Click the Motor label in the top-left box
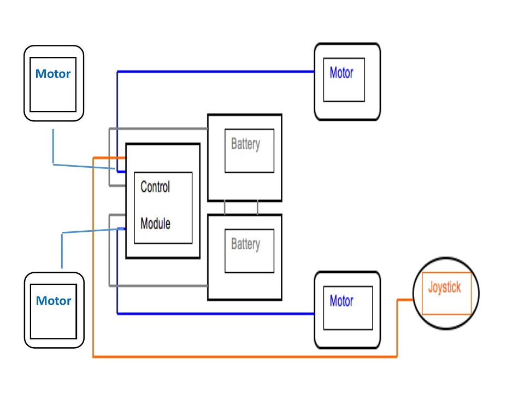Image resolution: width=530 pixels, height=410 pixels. point(53,74)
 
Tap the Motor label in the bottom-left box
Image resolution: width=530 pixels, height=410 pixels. point(53,301)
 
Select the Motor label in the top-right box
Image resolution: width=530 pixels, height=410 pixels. point(341,73)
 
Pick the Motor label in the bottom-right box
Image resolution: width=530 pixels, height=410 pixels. point(341,301)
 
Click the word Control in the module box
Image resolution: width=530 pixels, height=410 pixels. point(155,187)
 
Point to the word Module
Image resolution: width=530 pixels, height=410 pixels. point(155,224)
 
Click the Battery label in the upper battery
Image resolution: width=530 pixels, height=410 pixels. point(245,144)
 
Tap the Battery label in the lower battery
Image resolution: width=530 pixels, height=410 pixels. point(245,244)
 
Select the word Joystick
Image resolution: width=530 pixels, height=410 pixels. point(444,288)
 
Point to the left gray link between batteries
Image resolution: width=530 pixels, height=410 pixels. point(225,208)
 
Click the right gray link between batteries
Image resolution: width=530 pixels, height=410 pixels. point(257,208)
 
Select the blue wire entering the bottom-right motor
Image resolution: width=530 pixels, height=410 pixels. point(246,313)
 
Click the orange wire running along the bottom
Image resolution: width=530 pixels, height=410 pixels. point(246,356)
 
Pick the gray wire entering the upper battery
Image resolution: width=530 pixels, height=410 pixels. point(164,129)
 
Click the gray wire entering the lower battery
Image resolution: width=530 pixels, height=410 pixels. point(164,285)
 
